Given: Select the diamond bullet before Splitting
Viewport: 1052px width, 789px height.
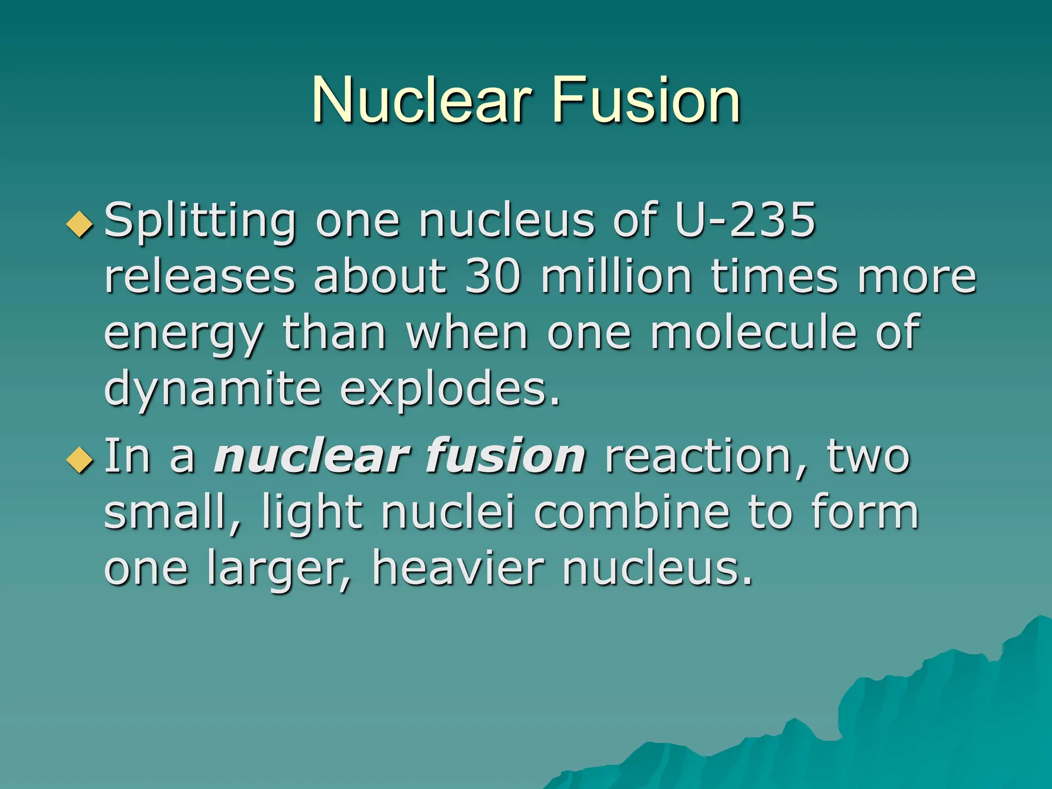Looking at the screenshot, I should click(x=81, y=224).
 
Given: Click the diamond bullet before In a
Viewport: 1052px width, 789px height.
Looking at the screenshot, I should click(x=81, y=459).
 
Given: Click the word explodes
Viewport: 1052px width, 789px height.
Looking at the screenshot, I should click(x=450, y=389).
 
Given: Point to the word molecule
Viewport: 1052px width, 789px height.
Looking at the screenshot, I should click(x=754, y=332).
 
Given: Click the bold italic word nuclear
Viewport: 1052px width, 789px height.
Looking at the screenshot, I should click(x=312, y=456).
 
